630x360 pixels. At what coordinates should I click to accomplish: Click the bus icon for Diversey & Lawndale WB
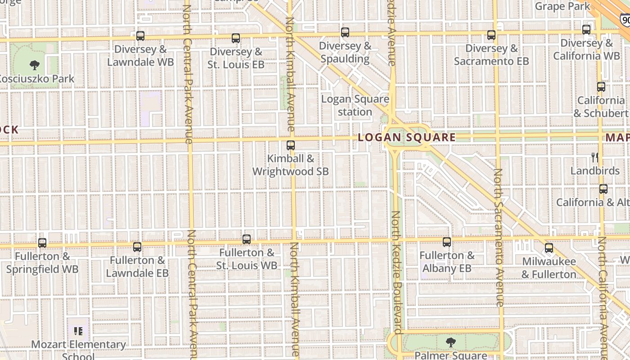(140, 36)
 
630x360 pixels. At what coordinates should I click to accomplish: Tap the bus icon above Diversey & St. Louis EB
(236, 38)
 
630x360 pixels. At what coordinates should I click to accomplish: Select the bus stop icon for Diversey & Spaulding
(345, 32)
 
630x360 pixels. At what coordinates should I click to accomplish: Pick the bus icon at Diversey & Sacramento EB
(491, 35)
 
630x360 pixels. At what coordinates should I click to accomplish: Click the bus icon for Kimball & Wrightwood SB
(291, 145)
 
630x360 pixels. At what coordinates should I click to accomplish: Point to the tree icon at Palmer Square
(450, 342)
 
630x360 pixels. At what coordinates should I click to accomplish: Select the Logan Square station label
(355, 105)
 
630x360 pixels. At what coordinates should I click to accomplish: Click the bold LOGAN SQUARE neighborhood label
(407, 138)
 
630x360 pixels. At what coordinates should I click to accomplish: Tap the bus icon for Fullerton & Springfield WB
(42, 243)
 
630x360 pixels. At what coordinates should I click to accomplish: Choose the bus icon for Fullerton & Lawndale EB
(137, 247)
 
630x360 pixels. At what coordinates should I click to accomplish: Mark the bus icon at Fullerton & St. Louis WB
(247, 239)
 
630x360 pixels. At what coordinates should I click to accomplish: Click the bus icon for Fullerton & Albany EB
(447, 242)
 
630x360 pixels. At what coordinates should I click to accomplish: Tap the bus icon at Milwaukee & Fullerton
(549, 248)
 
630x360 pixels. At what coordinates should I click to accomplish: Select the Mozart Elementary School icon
(78, 332)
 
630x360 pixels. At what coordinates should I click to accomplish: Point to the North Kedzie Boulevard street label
(396, 272)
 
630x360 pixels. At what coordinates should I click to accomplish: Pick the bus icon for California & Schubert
(601, 87)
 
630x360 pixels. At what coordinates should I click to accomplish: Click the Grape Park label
(562, 6)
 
